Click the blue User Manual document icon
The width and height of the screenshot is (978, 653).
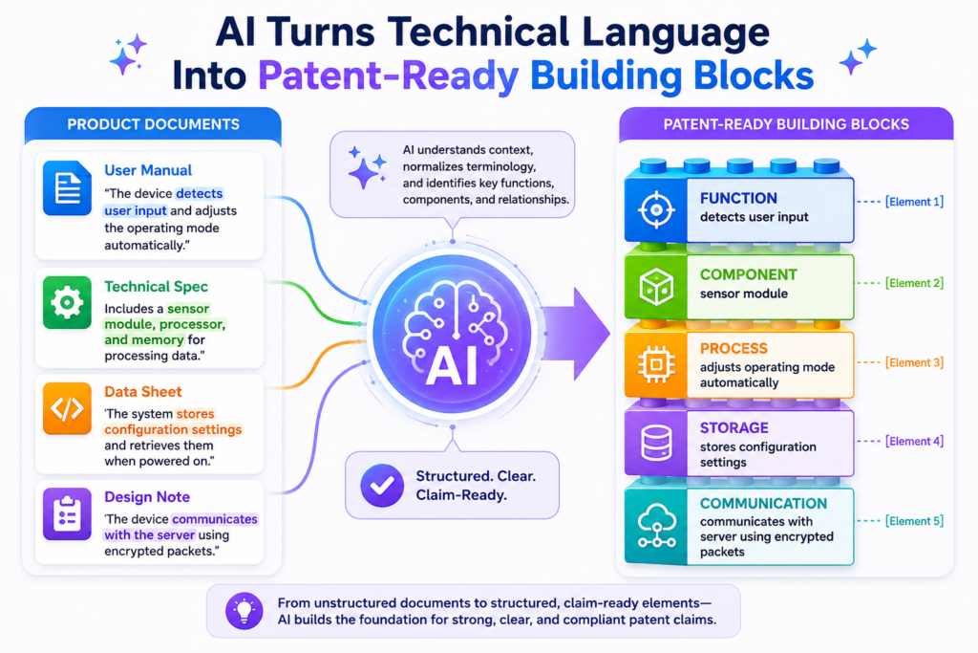coord(68,188)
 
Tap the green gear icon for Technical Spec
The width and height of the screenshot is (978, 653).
coord(68,303)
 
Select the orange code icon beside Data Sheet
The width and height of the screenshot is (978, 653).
coord(68,409)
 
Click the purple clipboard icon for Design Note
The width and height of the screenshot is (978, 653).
coord(68,513)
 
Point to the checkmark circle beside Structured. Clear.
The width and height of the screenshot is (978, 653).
coord(382,485)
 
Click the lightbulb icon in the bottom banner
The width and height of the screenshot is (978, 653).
coord(244,610)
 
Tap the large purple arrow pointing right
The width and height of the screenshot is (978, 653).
coord(575,334)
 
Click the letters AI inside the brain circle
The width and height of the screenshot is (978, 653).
coord(452,366)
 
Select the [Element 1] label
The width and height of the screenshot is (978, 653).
coord(914,202)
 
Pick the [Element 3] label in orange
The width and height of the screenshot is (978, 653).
coord(914,362)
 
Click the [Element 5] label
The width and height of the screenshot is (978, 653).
coord(914,521)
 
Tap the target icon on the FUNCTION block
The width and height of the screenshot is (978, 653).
coord(656,209)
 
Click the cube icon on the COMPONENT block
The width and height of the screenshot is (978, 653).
coord(656,287)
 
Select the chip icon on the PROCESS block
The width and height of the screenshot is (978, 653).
coord(656,363)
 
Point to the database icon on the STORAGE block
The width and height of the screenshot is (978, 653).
coord(656,442)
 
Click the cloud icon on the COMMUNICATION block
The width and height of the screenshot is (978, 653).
coord(656,526)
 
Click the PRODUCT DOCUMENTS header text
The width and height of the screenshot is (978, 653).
coord(154,124)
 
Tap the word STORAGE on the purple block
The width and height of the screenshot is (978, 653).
coord(734,427)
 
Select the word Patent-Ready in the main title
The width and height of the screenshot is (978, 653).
coord(389,76)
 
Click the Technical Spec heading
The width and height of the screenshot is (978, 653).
coord(156,287)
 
